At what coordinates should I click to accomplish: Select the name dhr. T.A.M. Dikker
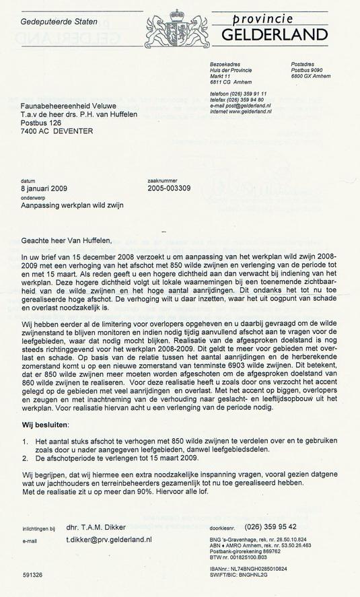click(96, 527)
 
